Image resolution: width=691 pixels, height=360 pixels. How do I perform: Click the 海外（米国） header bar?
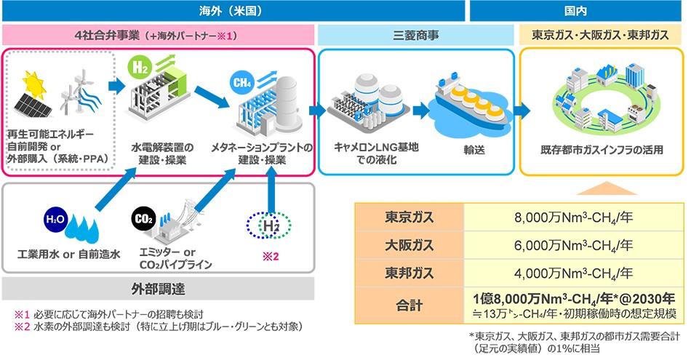(233, 11)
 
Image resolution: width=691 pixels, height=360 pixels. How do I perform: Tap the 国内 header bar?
(575, 11)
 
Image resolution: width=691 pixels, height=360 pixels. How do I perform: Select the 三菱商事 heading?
(415, 35)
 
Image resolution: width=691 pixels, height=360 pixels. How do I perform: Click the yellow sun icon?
(34, 84)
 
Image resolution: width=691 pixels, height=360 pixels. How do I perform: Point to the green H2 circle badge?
(140, 68)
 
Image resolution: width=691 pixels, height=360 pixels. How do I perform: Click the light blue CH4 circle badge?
(242, 82)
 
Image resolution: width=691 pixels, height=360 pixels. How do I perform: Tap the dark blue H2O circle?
(55, 220)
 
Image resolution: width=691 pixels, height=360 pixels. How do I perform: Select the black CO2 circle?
(144, 219)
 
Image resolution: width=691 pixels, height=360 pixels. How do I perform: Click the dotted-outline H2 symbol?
(269, 225)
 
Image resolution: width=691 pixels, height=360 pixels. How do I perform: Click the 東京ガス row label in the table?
(409, 217)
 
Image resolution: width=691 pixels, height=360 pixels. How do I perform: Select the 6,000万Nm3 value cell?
(573, 245)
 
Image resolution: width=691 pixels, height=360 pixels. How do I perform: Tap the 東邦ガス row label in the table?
(409, 273)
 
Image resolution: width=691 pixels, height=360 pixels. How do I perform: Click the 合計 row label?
(409, 305)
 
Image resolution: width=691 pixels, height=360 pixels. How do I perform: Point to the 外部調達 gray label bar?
(159, 289)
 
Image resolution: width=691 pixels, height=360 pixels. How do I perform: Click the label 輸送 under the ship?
(474, 150)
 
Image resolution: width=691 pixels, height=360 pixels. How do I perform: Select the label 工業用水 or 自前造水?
(69, 255)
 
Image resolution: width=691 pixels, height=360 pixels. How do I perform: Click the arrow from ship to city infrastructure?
(522, 111)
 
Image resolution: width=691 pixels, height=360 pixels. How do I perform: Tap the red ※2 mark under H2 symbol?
(271, 257)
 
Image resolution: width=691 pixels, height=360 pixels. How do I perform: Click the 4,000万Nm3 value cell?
(573, 273)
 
